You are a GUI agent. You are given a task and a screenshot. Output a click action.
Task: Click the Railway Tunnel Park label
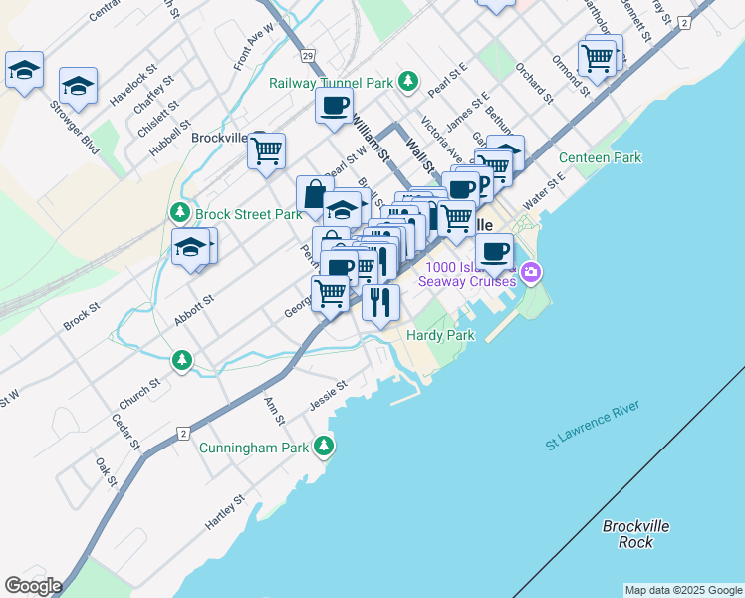(332, 82)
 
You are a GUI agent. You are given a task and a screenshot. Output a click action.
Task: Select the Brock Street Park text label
(248, 213)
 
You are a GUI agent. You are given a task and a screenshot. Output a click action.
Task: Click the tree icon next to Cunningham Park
(323, 448)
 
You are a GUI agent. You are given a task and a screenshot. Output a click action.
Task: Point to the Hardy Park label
(440, 336)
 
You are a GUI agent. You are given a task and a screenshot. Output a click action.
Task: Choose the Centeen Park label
(600, 158)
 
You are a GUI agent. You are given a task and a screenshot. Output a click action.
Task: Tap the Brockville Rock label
(635, 534)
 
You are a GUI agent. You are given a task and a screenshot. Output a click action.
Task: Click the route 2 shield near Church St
(183, 433)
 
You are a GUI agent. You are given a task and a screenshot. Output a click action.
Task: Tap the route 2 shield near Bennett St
(683, 22)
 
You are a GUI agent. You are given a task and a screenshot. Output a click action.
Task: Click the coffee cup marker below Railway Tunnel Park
(335, 104)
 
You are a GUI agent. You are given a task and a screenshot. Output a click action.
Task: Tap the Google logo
(32, 586)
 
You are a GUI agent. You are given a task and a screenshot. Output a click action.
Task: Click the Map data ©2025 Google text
(683, 590)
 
